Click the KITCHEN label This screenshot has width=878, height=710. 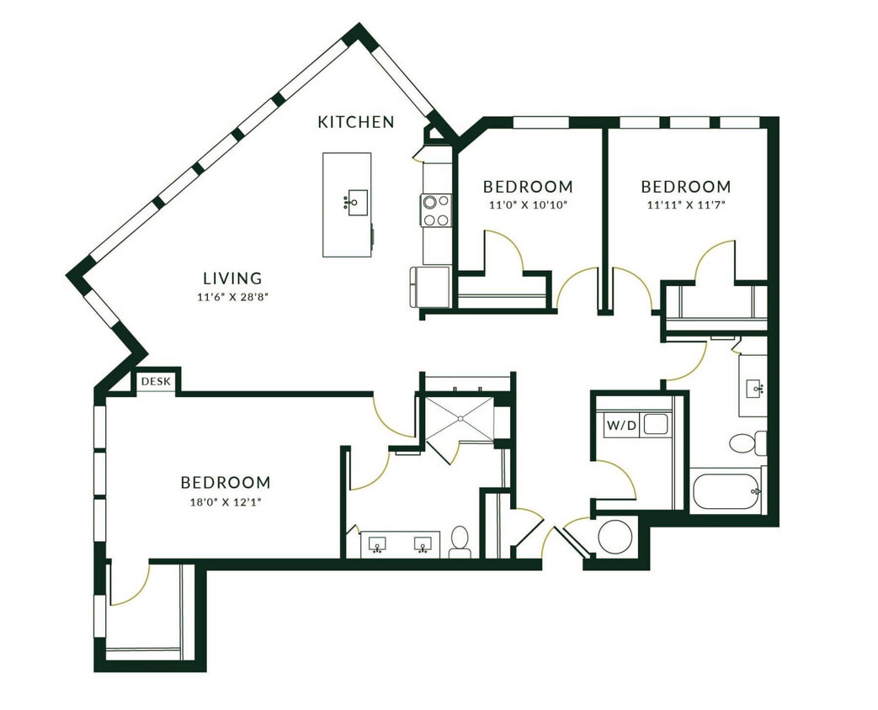point(355,122)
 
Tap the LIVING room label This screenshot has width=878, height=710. point(232,278)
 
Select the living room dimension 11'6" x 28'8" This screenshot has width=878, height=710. point(232,296)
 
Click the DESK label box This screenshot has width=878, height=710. point(155,382)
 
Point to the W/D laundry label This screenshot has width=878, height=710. point(621,426)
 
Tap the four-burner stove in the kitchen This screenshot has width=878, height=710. point(436,210)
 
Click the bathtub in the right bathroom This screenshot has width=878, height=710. point(726,491)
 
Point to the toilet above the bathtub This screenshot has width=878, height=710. point(745,442)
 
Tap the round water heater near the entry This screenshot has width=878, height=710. point(614,537)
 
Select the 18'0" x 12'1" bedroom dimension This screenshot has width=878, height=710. point(226,503)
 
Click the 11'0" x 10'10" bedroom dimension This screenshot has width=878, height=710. point(528,204)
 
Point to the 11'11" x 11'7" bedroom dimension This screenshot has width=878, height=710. point(686,204)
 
